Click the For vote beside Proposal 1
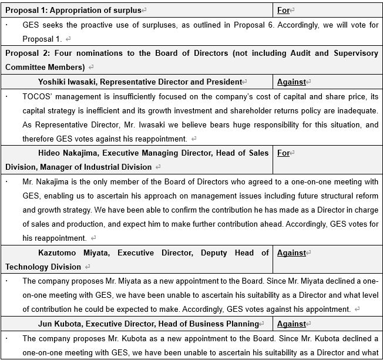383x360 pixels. (283, 10)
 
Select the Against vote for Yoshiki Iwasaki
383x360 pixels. (292, 82)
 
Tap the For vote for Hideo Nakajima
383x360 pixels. (283, 153)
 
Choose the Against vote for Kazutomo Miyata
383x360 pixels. (292, 253)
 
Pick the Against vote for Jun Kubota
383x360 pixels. (292, 324)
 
